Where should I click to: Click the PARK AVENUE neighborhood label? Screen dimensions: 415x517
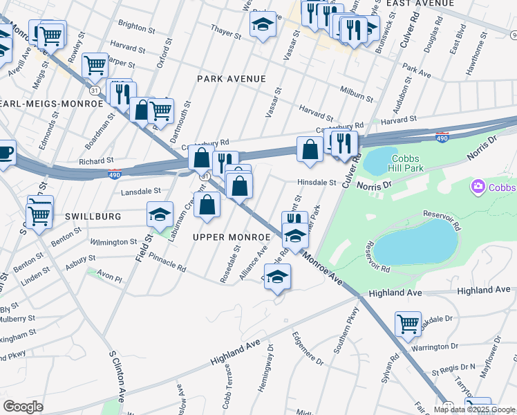coord(231,79)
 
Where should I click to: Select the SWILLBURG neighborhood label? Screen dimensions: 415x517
coord(93,216)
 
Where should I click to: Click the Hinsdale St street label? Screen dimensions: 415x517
coord(317,183)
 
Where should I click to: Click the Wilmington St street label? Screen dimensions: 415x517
coord(114,242)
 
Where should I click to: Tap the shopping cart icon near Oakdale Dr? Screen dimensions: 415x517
coord(408,323)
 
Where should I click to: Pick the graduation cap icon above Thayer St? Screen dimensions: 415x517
coord(263,24)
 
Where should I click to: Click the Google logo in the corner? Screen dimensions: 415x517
coord(23,407)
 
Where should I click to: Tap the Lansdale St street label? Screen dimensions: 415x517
coord(141,191)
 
